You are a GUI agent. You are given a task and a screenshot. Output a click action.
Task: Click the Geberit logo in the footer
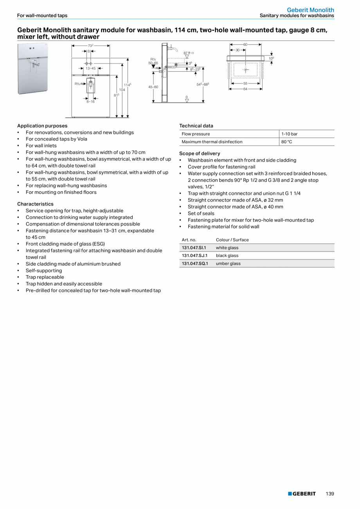tap(302, 494)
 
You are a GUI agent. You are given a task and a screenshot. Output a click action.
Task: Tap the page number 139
tap(330, 494)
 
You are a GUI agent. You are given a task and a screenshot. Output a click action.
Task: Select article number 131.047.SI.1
tap(194, 248)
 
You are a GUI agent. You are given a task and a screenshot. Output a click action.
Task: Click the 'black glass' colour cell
tap(227, 256)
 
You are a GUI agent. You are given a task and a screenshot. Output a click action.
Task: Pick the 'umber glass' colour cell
tap(228, 264)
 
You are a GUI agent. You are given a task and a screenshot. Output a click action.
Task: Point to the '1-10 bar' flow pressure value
tap(289, 134)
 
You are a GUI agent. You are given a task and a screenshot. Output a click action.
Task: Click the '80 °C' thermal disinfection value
tap(286, 142)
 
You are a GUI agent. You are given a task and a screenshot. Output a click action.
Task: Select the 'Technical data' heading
tap(196, 126)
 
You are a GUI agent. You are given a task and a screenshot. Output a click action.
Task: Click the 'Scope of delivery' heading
tap(200, 153)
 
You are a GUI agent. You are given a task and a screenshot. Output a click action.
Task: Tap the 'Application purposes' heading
tap(42, 126)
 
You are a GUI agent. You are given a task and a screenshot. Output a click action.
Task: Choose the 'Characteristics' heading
tap(35, 204)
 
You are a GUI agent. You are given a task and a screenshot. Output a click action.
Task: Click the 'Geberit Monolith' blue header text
tap(310, 10)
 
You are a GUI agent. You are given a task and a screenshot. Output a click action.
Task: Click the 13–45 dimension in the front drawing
tap(90, 69)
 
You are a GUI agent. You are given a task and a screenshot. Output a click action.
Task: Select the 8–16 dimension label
tap(90, 101)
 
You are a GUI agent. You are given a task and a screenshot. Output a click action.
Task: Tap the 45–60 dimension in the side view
tap(153, 87)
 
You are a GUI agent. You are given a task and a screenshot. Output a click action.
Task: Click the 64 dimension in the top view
tap(245, 89)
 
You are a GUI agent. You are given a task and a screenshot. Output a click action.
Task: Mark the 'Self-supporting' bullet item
tap(44, 271)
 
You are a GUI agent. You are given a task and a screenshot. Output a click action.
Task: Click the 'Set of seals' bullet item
tap(201, 213)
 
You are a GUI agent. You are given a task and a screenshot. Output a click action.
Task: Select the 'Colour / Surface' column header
tap(232, 240)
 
